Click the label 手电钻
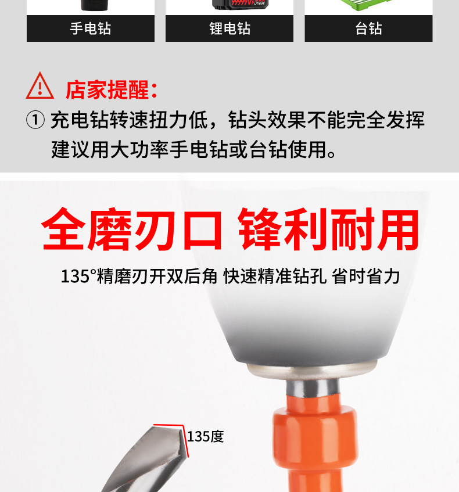click(x=90, y=28)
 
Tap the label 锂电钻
click(x=229, y=28)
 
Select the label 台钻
click(x=368, y=28)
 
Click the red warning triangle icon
click(x=40, y=86)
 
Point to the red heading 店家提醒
click(x=110, y=90)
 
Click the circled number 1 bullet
click(x=35, y=120)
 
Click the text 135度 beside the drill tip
click(x=205, y=436)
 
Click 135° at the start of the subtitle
click(x=78, y=275)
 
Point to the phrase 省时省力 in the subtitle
click(x=366, y=275)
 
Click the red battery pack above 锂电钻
click(x=241, y=6)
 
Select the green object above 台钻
click(x=368, y=6)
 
